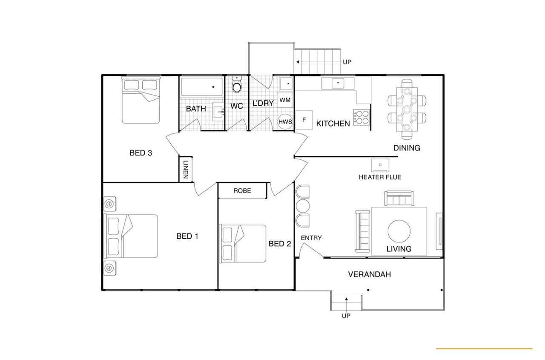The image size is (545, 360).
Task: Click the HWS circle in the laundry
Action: click(285, 121)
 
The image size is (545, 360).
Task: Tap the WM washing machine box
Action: click(285, 100)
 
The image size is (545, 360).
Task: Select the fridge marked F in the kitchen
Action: click(304, 120)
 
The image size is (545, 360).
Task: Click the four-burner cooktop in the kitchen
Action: click(361, 117)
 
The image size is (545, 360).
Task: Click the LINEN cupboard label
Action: click(186, 170)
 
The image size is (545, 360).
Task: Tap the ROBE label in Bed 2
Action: click(242, 190)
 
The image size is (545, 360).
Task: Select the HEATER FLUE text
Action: click(380, 177)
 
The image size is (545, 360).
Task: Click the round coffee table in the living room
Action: click(399, 231)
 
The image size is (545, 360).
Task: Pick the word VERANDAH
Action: click(370, 274)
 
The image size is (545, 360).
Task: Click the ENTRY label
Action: click(311, 238)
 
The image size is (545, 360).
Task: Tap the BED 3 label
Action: click(141, 153)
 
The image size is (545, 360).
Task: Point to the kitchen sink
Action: click(338, 83)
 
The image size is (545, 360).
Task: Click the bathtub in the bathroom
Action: click(202, 87)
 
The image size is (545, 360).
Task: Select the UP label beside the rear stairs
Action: click(347, 62)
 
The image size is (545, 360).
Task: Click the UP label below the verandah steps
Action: click(346, 316)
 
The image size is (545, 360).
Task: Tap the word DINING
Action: click(407, 148)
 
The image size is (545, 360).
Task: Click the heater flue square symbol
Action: click(380, 165)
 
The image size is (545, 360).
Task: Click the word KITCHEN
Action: click(333, 124)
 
